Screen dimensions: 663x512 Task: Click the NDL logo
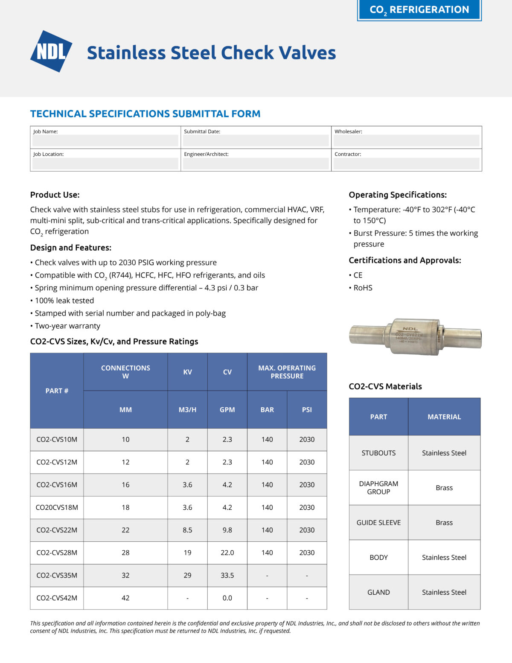[x=51, y=51]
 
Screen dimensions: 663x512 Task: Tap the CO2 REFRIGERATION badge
[x=419, y=10]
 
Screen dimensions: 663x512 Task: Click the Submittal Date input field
[x=256, y=140]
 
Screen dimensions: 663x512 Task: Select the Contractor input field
[x=406, y=163]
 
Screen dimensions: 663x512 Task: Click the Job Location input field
[x=105, y=163]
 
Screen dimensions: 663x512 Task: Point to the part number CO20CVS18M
[x=57, y=508]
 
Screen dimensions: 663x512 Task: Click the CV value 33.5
[x=227, y=575]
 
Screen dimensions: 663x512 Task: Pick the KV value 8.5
[x=187, y=530]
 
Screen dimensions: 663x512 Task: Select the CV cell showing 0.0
[x=227, y=598]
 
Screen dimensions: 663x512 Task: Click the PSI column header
[x=307, y=410]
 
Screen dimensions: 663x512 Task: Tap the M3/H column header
[x=187, y=410]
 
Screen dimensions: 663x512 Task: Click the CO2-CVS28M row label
[x=57, y=553]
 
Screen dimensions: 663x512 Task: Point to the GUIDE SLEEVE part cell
[x=378, y=523]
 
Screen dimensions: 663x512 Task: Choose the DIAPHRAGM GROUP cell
[x=378, y=488]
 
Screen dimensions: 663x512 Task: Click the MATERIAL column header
[x=444, y=417]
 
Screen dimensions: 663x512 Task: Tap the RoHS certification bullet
[x=363, y=288]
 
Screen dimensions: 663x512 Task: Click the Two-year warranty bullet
[x=67, y=326]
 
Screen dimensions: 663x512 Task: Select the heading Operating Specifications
[x=398, y=195]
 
